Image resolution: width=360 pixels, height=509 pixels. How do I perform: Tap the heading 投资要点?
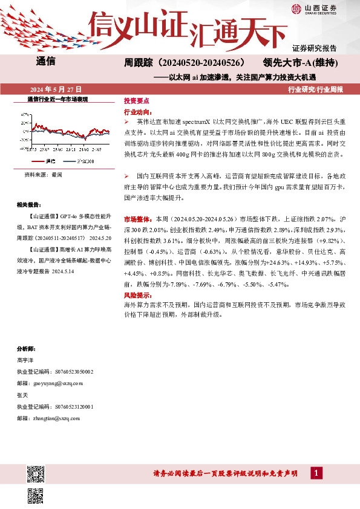click(x=137, y=102)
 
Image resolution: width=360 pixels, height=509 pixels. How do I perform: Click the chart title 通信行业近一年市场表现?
click(x=57, y=99)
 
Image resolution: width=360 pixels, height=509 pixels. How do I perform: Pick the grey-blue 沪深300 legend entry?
click(x=82, y=161)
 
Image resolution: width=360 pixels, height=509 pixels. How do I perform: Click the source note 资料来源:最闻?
click(x=43, y=175)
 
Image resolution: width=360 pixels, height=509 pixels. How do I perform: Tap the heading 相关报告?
click(x=30, y=204)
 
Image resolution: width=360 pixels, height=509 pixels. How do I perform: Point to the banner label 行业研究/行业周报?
click(x=315, y=89)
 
